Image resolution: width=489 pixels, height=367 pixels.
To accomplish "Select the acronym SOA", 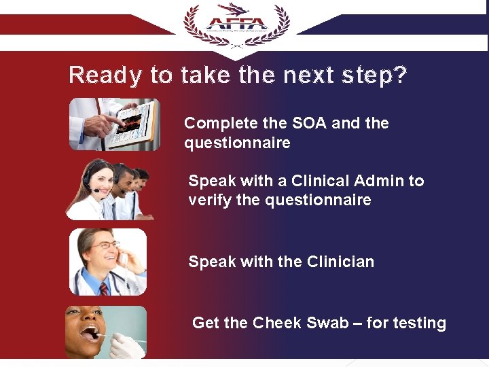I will click(x=310, y=124).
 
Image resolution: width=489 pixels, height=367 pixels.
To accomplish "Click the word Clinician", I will click(x=340, y=262).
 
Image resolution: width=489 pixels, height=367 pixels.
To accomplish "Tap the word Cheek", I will click(x=276, y=323).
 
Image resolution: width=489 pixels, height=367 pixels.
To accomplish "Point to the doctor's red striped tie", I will click(x=104, y=287).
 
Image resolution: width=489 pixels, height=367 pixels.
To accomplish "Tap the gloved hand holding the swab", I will click(x=126, y=345).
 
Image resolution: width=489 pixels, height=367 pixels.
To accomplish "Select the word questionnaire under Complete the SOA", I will click(x=237, y=143).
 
